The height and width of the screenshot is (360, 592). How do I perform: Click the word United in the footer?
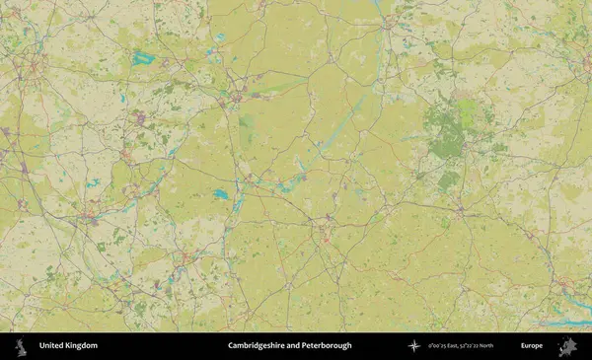[52, 346]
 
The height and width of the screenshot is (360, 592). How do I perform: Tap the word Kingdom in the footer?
[82, 346]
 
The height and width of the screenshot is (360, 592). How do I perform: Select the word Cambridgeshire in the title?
[259, 346]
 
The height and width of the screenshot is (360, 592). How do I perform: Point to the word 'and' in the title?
[299, 346]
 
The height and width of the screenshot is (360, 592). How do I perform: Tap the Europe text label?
[532, 346]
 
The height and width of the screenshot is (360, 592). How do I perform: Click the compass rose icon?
[414, 346]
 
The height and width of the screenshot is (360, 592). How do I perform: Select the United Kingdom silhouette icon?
[19, 346]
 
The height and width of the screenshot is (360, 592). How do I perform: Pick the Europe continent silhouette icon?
[566, 346]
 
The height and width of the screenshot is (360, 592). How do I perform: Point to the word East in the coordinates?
[460, 346]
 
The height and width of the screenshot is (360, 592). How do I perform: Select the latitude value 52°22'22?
[481, 346]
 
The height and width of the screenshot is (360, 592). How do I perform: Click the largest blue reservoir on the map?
[144, 57]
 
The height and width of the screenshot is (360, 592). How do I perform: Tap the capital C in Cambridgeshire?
[231, 346]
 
